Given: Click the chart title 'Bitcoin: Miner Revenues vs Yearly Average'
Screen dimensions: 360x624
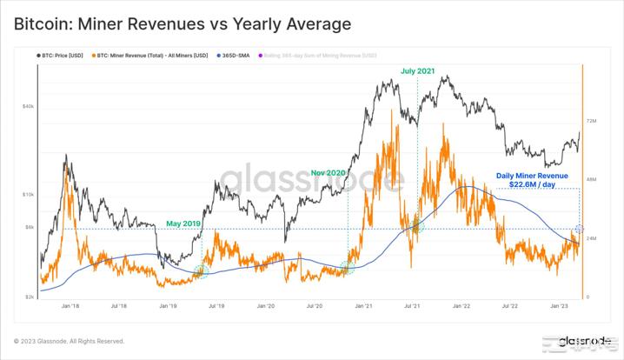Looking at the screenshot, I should [183, 24].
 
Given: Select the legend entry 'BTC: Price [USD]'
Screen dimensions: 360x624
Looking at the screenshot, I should [61, 56].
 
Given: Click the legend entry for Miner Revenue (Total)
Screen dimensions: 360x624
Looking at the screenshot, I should [152, 56].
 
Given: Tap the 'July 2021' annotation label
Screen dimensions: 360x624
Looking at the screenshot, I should [419, 70].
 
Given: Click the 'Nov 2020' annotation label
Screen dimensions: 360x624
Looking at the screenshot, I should [329, 173].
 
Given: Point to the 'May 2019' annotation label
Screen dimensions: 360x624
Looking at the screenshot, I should [183, 223].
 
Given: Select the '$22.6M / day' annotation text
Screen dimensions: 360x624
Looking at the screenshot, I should [532, 184].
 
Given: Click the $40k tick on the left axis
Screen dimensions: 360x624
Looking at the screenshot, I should [28, 107].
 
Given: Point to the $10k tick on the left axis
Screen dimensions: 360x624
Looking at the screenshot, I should [28, 194].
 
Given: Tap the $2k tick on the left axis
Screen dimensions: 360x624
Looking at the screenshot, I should [30, 297].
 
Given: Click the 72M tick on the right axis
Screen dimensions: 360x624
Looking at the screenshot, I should [592, 121].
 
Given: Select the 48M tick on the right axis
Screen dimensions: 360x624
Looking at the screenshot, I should [592, 180].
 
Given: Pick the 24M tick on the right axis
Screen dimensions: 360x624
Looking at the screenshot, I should [592, 238].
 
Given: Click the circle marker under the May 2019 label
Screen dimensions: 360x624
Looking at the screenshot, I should [202, 270].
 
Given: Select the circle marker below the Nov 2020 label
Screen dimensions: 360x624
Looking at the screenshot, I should [348, 267].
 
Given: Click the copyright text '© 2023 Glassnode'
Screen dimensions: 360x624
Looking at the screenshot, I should [69, 341].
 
